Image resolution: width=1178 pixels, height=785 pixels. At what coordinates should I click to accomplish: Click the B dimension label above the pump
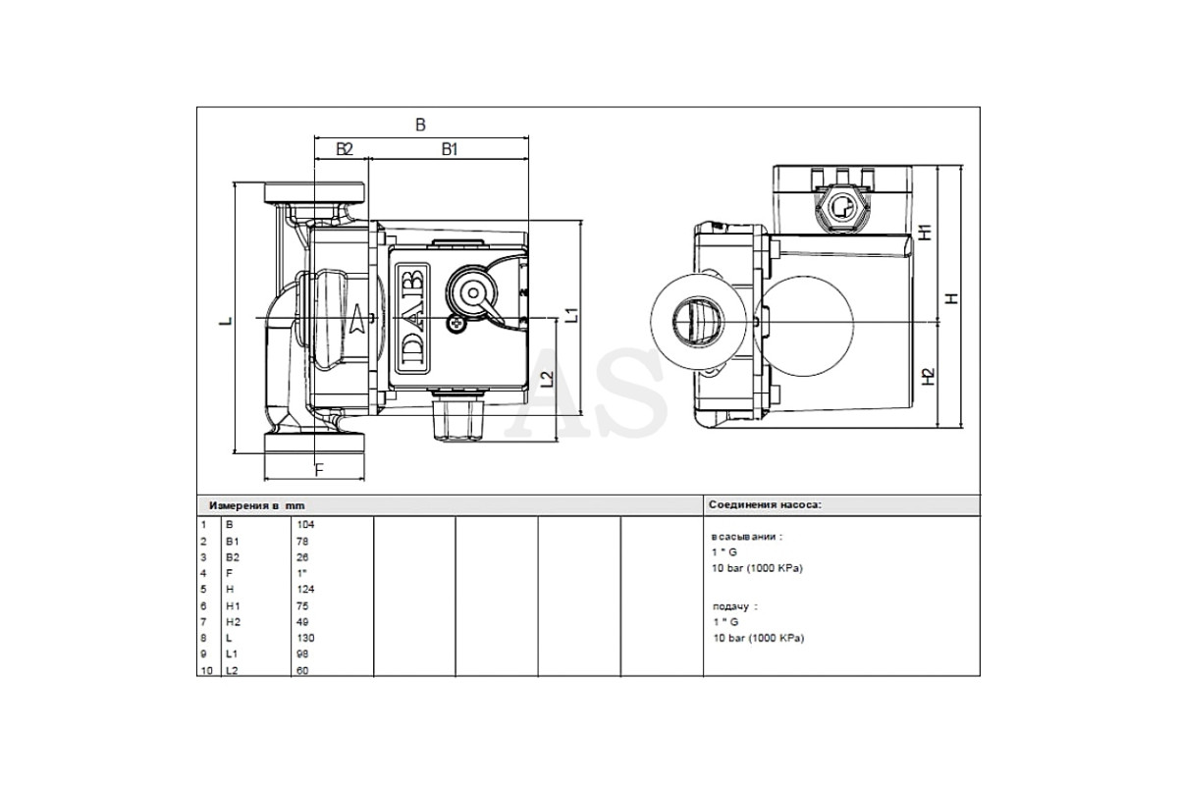point(420,125)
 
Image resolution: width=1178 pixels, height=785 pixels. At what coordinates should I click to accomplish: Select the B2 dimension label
point(345,149)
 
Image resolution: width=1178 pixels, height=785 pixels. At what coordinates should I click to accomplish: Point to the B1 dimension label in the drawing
point(450,149)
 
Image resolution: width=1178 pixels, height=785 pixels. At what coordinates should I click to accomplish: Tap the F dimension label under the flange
point(319,469)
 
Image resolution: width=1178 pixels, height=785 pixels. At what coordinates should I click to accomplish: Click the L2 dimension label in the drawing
point(548,379)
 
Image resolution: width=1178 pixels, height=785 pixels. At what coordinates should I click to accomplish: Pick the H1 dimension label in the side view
point(925,232)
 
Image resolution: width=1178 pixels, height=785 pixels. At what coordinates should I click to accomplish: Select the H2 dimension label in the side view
point(929,376)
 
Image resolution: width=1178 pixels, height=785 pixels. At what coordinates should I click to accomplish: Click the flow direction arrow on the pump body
point(358,319)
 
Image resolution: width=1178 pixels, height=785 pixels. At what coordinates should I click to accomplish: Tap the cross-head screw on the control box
point(455,325)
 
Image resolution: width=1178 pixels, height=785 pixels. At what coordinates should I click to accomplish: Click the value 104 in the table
point(305,524)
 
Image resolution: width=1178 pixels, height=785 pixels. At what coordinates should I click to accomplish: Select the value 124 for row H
point(305,589)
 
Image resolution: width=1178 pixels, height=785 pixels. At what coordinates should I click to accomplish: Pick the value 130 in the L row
point(305,638)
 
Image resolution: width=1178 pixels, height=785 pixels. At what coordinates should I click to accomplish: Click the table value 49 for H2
point(302,621)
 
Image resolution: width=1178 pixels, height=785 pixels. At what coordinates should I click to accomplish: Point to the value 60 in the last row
point(302,670)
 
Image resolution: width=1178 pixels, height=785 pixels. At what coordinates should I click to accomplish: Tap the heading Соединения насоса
point(765,504)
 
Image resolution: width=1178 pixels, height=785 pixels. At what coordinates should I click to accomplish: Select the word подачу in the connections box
point(730,606)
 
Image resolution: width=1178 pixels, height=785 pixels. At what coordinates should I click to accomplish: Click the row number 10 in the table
point(207,670)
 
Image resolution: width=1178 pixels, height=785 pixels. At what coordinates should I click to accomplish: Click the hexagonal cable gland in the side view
point(840,209)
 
